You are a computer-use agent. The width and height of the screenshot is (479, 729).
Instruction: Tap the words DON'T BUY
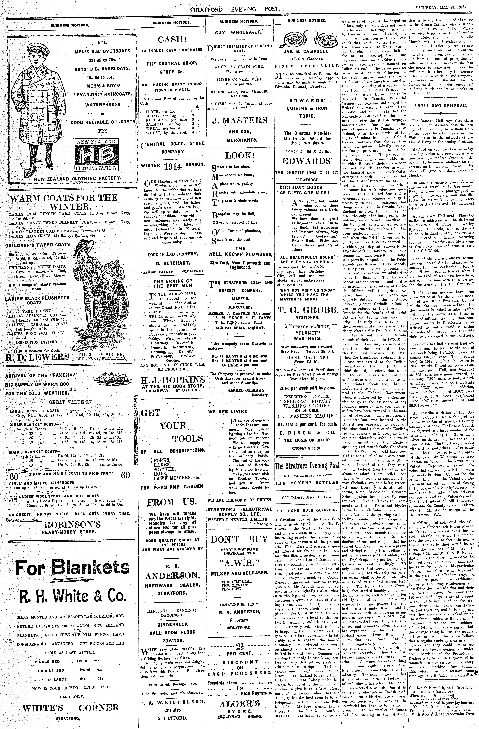click(239, 539)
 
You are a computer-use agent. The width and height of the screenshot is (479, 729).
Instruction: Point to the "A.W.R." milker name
click(239, 563)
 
